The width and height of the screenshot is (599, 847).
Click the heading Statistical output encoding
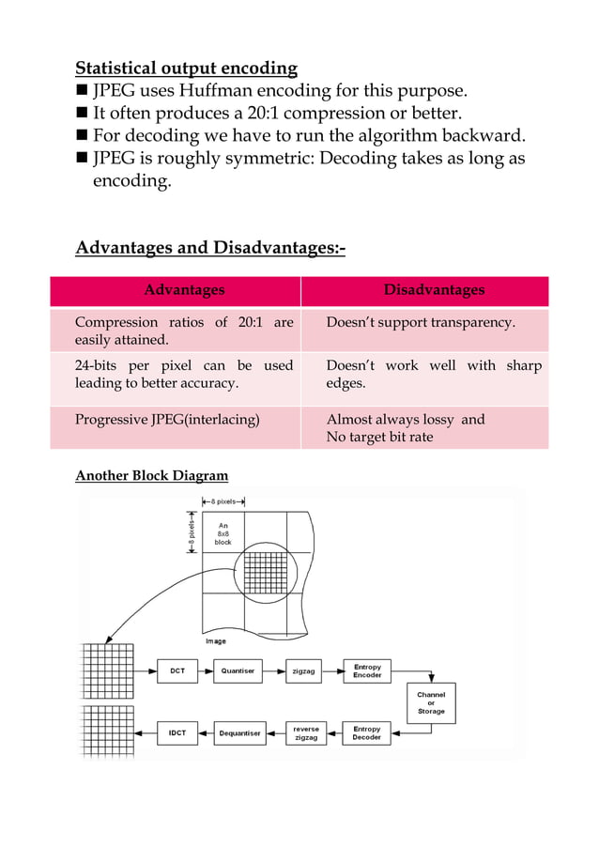coord(186,68)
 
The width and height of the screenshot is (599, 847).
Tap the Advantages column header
coord(184,290)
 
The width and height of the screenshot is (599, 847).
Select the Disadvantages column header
coord(434,290)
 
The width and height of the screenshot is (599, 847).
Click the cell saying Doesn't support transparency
coord(421,322)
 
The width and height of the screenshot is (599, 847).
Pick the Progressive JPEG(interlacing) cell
coord(167,420)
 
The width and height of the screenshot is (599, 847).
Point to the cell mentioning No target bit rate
coord(379,438)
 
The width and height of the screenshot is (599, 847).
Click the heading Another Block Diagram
coord(151,475)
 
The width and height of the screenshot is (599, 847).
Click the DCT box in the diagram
coord(177,670)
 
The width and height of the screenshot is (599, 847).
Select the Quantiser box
coord(238,670)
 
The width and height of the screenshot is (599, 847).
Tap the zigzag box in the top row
coord(303,671)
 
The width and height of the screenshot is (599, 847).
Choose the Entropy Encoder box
coord(367,670)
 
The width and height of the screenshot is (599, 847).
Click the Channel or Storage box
coord(431,703)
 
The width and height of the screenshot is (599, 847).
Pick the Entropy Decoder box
coord(367,732)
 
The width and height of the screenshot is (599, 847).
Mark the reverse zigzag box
coord(306,733)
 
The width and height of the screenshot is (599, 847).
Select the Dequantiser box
coord(239,733)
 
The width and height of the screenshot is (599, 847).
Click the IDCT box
coord(177,733)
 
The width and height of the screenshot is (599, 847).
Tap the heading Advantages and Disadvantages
coord(210,248)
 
